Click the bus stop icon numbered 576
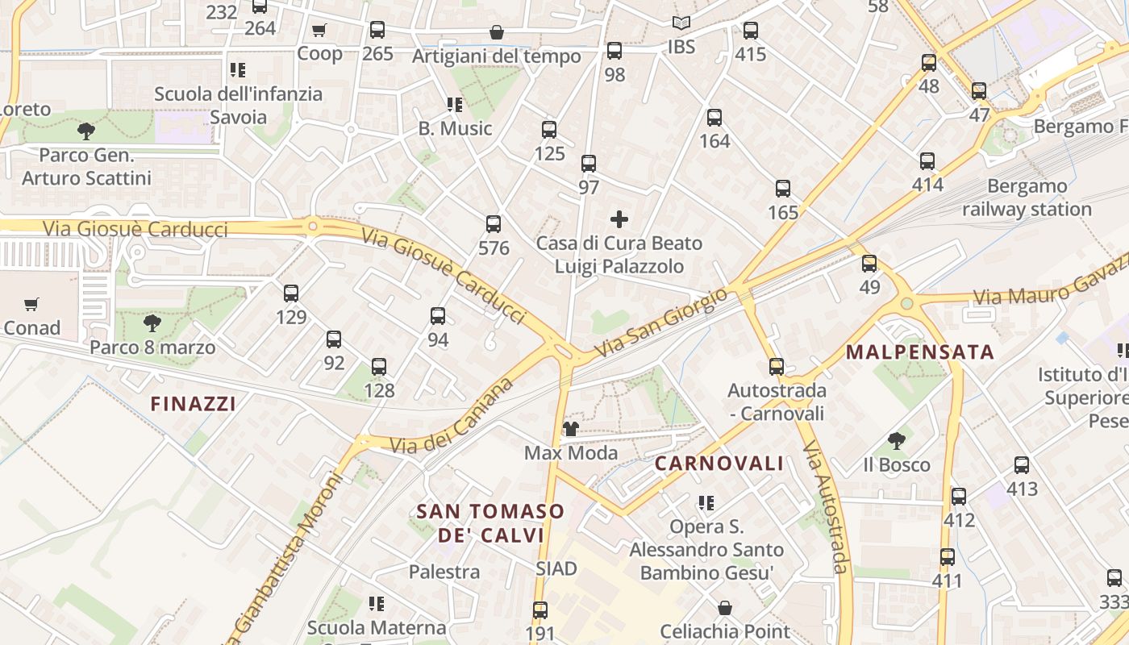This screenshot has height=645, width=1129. (494, 224)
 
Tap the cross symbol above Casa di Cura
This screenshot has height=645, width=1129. (619, 219)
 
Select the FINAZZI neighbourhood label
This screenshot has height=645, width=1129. (194, 403)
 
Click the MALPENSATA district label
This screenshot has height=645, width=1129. (920, 352)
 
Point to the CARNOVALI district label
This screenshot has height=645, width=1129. (719, 463)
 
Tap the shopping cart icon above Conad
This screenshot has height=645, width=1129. (31, 305)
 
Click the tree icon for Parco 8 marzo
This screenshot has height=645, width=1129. (152, 324)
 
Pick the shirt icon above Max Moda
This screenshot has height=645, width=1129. (571, 429)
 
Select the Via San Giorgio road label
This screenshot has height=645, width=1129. (660, 324)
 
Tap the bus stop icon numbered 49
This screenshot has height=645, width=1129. (869, 264)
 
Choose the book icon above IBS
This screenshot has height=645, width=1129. (681, 24)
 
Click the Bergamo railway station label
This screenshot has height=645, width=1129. (1027, 198)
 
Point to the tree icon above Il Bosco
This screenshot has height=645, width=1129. (896, 441)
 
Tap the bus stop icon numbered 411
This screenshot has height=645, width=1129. (948, 557)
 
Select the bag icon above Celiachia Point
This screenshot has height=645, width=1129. (725, 607)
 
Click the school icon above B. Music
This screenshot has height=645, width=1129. (454, 105)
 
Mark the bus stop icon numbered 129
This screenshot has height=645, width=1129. (291, 293)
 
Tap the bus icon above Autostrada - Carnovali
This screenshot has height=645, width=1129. (777, 367)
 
